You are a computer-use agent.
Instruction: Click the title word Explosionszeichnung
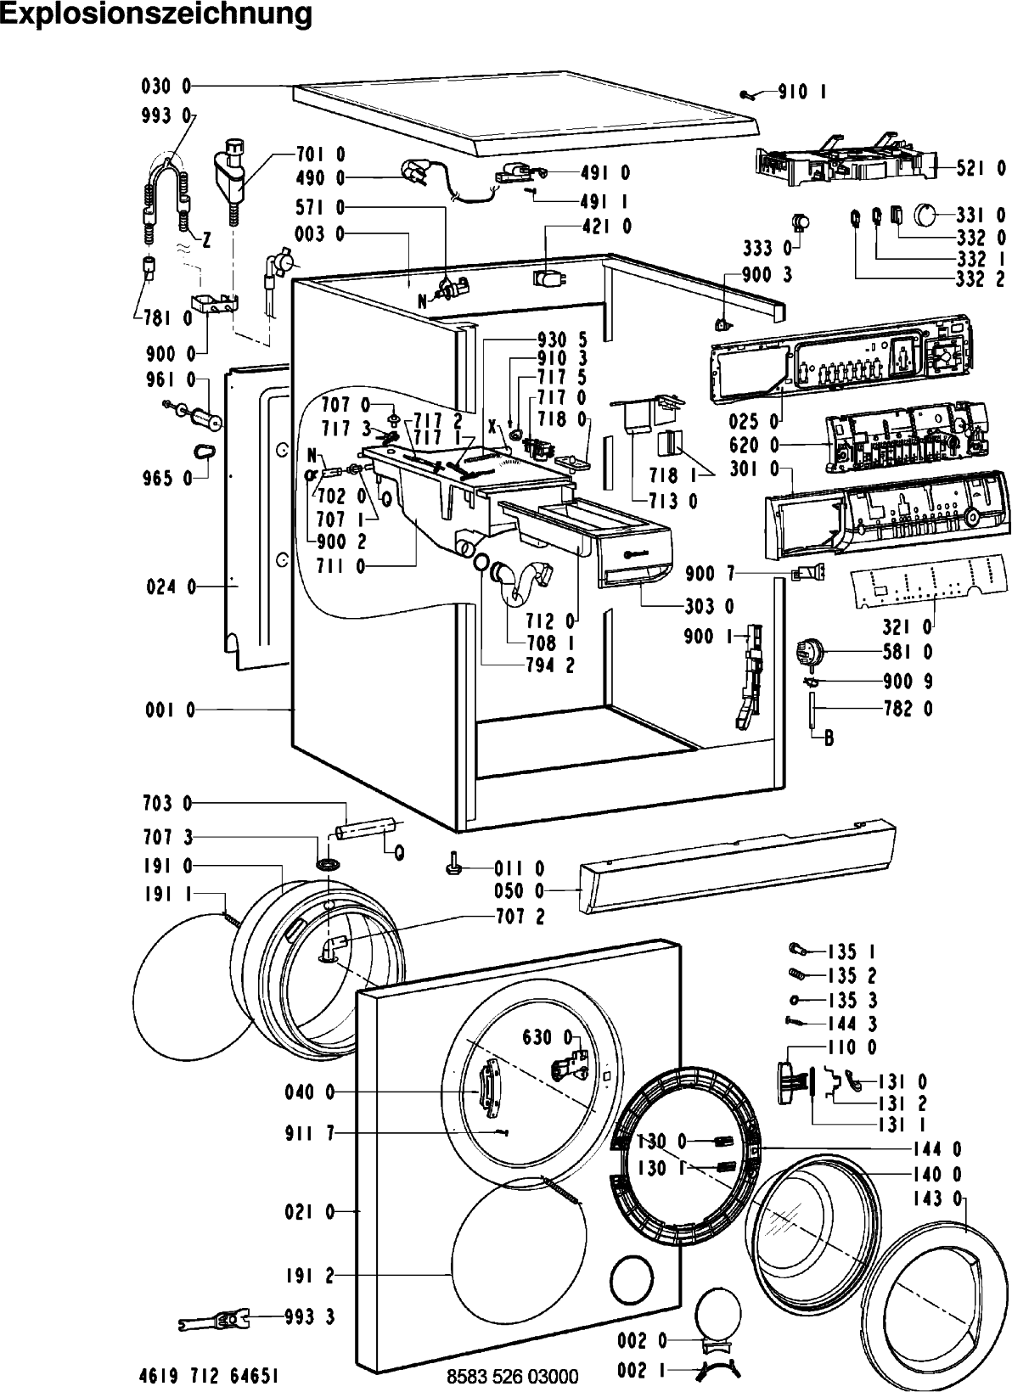pyautogui.click(x=156, y=14)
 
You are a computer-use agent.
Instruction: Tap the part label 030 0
pyautogui.click(x=166, y=87)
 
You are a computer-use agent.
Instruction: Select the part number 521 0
pyautogui.click(x=981, y=168)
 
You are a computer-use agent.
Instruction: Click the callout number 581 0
pyautogui.click(x=908, y=652)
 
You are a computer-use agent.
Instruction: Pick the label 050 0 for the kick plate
pyautogui.click(x=519, y=891)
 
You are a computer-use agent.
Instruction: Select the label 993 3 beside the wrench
pyautogui.click(x=310, y=1316)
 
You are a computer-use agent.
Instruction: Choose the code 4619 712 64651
pyautogui.click(x=208, y=1375)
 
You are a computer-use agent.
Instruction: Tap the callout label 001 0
pyautogui.click(x=170, y=710)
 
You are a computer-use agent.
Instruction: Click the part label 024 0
pyautogui.click(x=171, y=587)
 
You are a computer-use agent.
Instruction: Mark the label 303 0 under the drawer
pyautogui.click(x=709, y=606)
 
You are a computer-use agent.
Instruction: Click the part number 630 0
pyautogui.click(x=547, y=1037)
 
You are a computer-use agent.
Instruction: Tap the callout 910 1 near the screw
pyautogui.click(x=802, y=92)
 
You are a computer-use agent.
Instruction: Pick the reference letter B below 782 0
pyautogui.click(x=829, y=739)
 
